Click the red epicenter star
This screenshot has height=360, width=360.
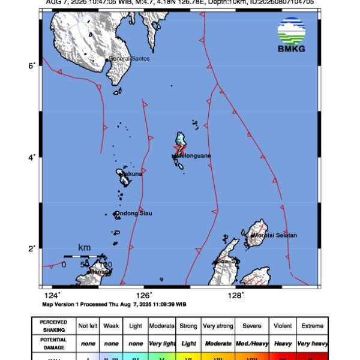point(178,147)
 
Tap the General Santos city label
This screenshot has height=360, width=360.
point(129,59)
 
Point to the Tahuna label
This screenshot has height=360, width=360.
point(133,174)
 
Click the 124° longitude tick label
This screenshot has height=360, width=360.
point(52,295)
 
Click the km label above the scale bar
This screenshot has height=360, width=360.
point(85,247)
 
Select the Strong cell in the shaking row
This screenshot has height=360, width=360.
point(188,326)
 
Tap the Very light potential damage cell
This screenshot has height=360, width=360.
point(162,343)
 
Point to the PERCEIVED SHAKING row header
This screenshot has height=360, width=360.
point(53,326)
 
